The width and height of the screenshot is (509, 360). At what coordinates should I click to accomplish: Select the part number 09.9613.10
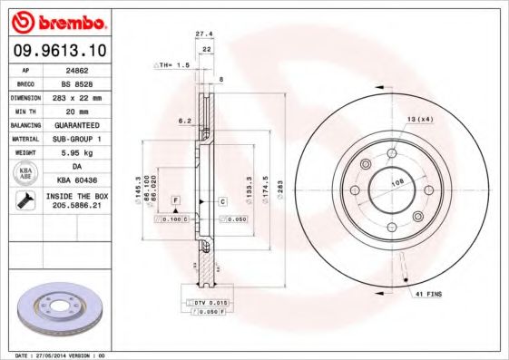tap(56, 52)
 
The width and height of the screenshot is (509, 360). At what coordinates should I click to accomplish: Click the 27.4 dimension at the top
tap(204, 34)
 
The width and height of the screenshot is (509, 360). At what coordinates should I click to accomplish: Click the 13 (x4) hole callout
tap(420, 119)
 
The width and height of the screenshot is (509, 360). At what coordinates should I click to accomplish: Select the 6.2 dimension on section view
tap(183, 120)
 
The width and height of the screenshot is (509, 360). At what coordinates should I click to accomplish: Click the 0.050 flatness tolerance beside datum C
tap(237, 219)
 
